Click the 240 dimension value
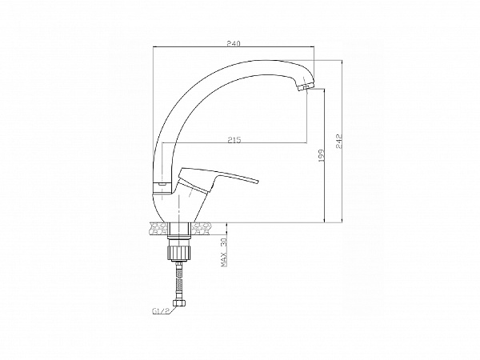pyautogui.click(x=234, y=43)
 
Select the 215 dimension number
pyautogui.click(x=234, y=140)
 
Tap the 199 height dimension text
pyautogui.click(x=322, y=157)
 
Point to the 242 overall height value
pyautogui.click(x=339, y=141)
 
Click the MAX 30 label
pyautogui.click(x=224, y=252)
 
